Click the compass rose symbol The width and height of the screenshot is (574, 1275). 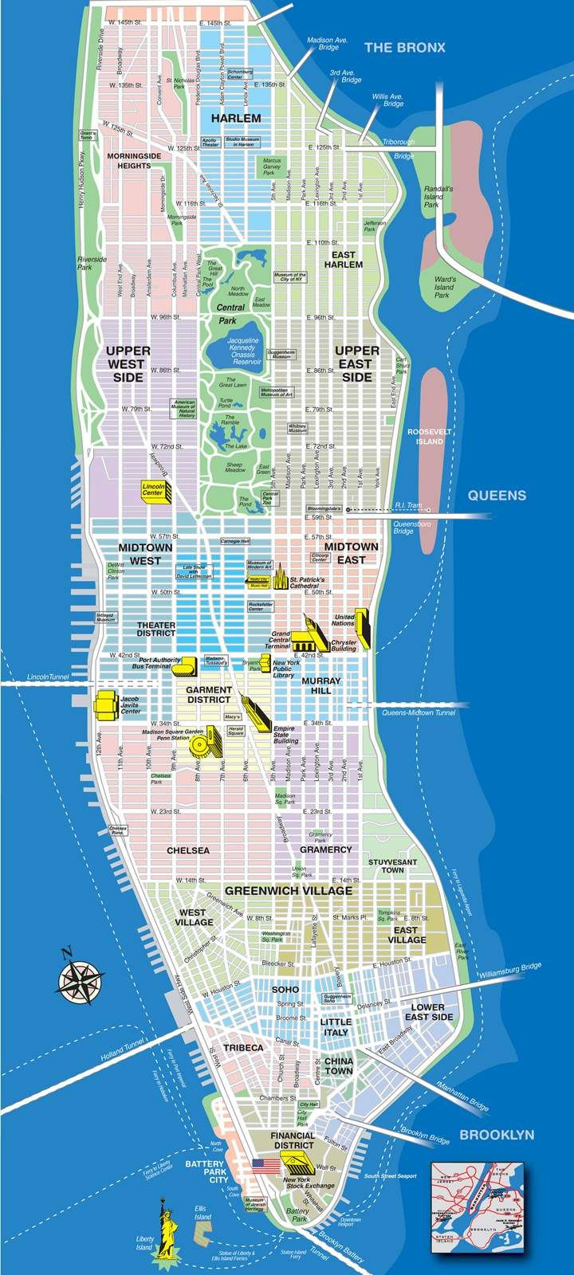tap(78, 977)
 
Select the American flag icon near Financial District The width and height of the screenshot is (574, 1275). tap(263, 1165)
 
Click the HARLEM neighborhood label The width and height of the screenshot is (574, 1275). tap(236, 118)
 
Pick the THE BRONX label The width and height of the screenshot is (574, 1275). tap(405, 48)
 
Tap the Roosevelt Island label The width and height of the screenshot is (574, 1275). tap(429, 436)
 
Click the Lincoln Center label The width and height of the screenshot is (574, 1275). tap(152, 489)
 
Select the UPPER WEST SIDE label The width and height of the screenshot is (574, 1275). tap(127, 363)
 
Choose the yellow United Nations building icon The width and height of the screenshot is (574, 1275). tap(363, 627)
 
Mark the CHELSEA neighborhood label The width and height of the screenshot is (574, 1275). tap(188, 850)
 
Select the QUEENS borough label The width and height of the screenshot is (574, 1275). tap(497, 495)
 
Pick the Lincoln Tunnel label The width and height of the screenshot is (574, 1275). tap(48, 677)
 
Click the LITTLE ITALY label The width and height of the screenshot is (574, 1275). tap(336, 1026)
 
